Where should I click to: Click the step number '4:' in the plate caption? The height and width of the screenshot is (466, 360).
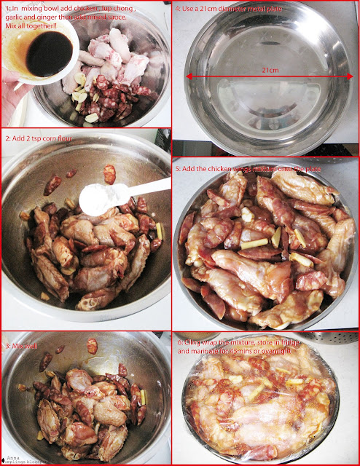(x=179, y=9)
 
